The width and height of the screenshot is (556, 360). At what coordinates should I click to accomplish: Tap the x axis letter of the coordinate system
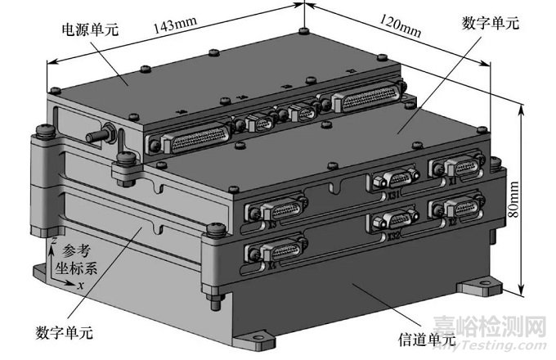[80, 286]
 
